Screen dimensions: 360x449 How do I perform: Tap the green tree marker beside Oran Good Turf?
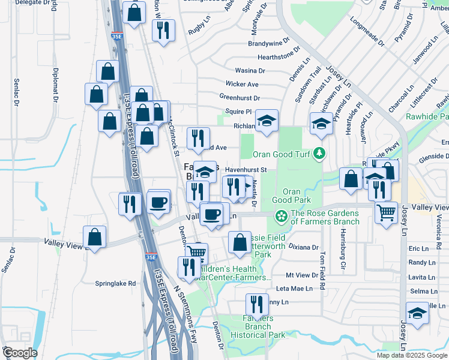click(319, 154)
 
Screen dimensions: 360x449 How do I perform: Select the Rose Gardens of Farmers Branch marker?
click(280, 215)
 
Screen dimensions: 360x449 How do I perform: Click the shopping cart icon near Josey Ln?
click(386, 211)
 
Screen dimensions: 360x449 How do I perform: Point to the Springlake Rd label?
click(116, 283)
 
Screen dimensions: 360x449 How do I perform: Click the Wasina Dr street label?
click(250, 71)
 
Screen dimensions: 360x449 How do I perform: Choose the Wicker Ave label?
click(242, 84)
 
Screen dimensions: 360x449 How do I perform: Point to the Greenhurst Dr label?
click(240, 97)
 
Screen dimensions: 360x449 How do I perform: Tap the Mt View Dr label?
click(302, 275)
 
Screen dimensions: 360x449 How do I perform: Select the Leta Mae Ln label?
click(294, 289)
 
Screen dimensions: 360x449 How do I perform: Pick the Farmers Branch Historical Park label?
click(258, 327)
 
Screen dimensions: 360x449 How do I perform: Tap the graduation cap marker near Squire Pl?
click(267, 121)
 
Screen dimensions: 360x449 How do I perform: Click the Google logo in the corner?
click(19, 353)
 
